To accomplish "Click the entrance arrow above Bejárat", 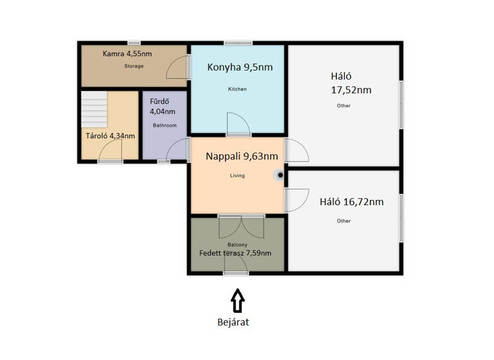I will [237, 300].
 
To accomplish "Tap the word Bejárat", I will [233, 323].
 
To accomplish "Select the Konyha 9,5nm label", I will [239, 67].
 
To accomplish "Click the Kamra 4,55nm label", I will [127, 54].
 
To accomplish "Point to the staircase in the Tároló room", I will [95, 109].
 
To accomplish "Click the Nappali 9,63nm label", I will [242, 156].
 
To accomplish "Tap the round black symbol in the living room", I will [280, 174].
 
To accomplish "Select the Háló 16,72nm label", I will [352, 202].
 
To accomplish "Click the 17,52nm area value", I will [351, 90].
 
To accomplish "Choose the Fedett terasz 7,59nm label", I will [235, 253].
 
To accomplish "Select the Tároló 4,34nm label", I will [111, 136].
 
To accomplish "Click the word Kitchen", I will [237, 89].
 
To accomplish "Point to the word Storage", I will [134, 66].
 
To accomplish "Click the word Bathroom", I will [164, 125].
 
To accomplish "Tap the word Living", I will [238, 175].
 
